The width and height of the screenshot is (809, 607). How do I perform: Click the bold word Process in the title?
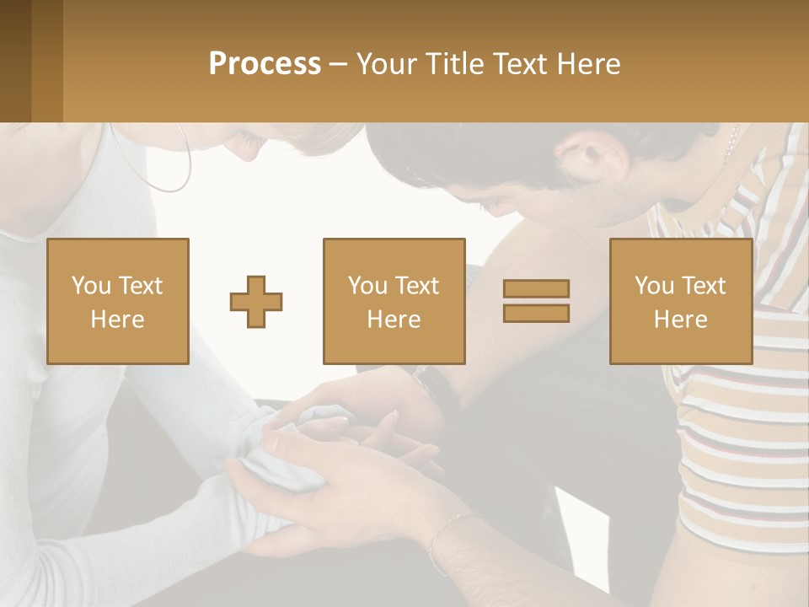(265, 64)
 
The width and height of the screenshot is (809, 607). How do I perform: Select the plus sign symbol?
(256, 301)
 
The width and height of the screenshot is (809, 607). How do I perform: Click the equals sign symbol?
(536, 301)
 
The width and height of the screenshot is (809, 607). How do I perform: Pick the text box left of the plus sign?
(117, 301)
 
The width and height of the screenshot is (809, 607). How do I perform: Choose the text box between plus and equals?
(394, 301)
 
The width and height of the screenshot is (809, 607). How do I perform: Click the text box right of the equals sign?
(680, 301)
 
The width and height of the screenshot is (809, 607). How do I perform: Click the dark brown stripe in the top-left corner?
(15, 61)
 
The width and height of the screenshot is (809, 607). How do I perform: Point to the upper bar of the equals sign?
(536, 289)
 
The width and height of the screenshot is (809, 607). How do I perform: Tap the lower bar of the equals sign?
(536, 313)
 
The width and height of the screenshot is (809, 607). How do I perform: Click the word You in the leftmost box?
(91, 286)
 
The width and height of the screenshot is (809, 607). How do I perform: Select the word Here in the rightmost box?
(680, 320)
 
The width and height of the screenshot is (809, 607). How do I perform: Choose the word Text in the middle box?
(417, 286)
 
